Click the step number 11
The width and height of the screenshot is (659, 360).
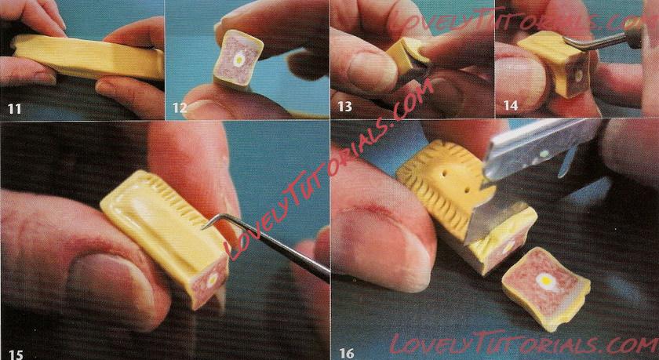[x=14, y=109]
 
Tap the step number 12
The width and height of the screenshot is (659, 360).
[x=180, y=108]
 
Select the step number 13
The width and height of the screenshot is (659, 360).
[x=344, y=107]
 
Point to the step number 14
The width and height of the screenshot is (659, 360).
[x=511, y=106]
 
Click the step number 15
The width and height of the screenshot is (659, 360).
[x=16, y=354]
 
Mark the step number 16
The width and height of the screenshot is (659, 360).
[x=347, y=353]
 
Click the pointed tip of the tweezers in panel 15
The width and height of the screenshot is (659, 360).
[x=202, y=228]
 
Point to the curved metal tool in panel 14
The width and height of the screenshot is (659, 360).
[x=601, y=38]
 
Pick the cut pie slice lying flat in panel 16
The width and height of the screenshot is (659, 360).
[x=546, y=288]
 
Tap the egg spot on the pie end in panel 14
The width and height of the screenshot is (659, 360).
[x=579, y=75]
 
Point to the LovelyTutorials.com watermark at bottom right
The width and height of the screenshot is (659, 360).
[x=524, y=344]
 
